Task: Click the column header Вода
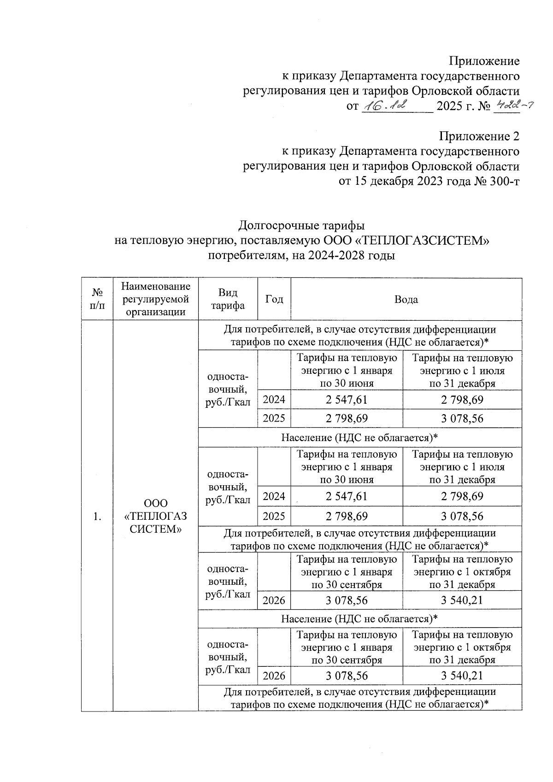pyautogui.click(x=406, y=300)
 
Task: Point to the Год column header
pyautogui.click(x=274, y=300)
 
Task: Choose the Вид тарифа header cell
pyautogui.click(x=228, y=300)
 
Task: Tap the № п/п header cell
pyautogui.click(x=97, y=300)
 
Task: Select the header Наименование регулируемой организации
pyautogui.click(x=156, y=300)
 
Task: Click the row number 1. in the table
pyautogui.click(x=97, y=516)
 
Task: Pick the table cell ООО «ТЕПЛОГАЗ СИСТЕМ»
pyautogui.click(x=156, y=516)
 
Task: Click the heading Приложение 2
pyautogui.click(x=479, y=136)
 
